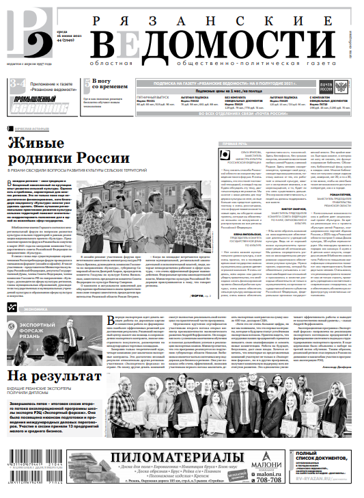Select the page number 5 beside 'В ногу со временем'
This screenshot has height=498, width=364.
coord(85,84)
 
